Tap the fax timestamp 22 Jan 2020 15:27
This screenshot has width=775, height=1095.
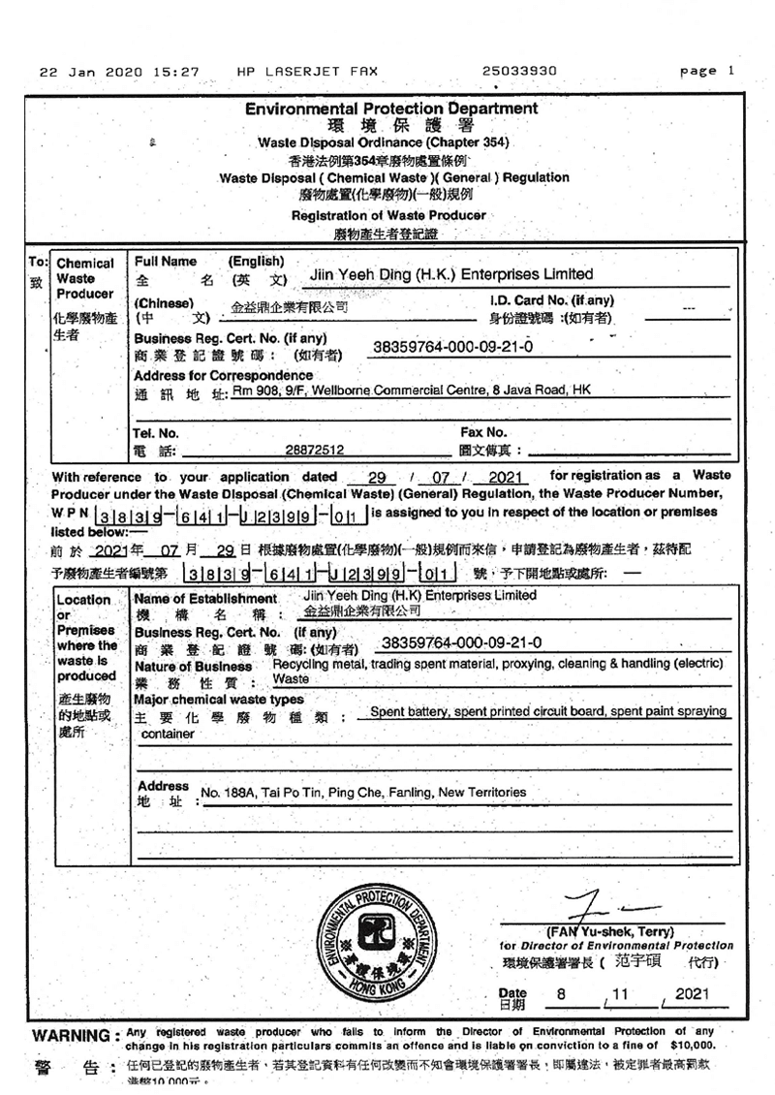(x=119, y=71)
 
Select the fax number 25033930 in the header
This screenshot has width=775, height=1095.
(x=518, y=71)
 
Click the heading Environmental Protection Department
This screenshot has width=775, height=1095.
(x=391, y=109)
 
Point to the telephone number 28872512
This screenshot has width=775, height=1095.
(x=316, y=451)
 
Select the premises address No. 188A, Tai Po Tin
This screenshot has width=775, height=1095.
(x=362, y=793)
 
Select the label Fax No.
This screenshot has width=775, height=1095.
(x=482, y=432)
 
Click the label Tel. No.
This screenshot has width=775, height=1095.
(x=156, y=433)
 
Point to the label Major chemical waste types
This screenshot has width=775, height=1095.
(x=219, y=699)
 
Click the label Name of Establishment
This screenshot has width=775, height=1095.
(x=205, y=599)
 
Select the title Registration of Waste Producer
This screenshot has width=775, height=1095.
(x=388, y=215)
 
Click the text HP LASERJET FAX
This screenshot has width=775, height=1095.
(x=306, y=71)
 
